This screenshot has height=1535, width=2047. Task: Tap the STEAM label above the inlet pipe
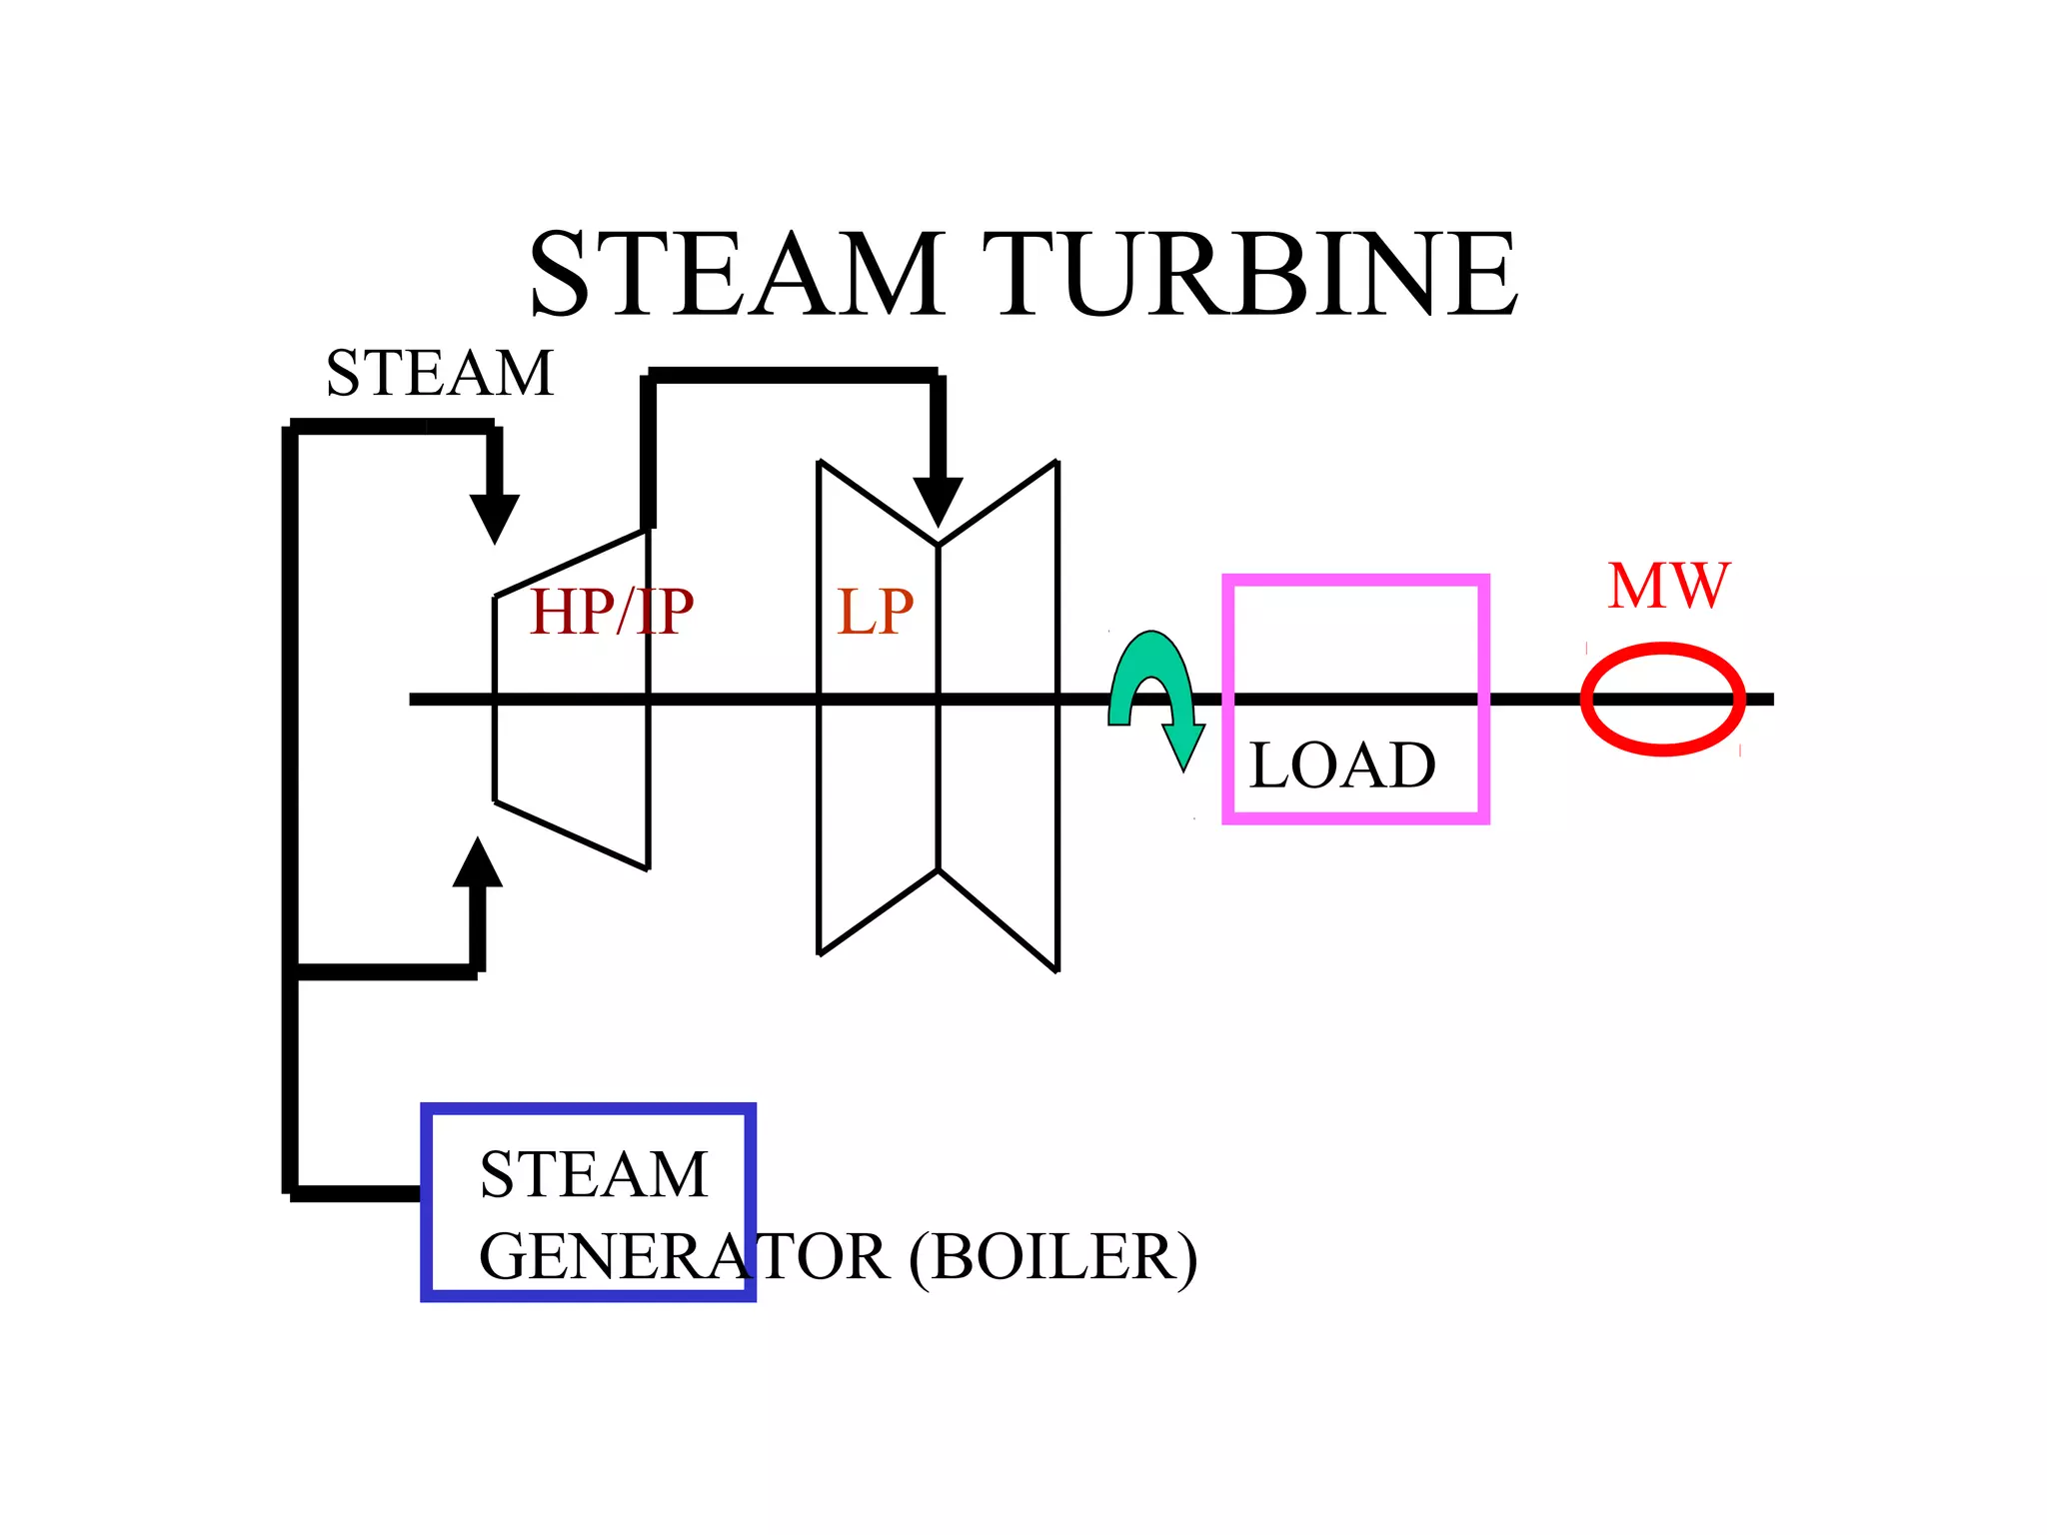(x=440, y=374)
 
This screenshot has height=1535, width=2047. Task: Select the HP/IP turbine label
(x=611, y=612)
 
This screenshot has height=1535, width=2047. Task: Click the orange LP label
(x=875, y=612)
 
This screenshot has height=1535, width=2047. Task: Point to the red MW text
(x=1668, y=587)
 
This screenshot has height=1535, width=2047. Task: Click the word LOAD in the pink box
(x=1342, y=766)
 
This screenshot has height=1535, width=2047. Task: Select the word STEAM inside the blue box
(x=594, y=1174)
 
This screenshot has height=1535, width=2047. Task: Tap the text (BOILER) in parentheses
(x=1052, y=1257)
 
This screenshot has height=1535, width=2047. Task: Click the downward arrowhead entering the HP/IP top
(x=495, y=517)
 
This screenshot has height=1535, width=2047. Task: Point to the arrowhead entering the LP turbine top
(x=938, y=501)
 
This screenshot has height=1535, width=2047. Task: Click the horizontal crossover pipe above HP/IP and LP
(x=793, y=376)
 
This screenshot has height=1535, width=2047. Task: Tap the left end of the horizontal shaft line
(x=416, y=700)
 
